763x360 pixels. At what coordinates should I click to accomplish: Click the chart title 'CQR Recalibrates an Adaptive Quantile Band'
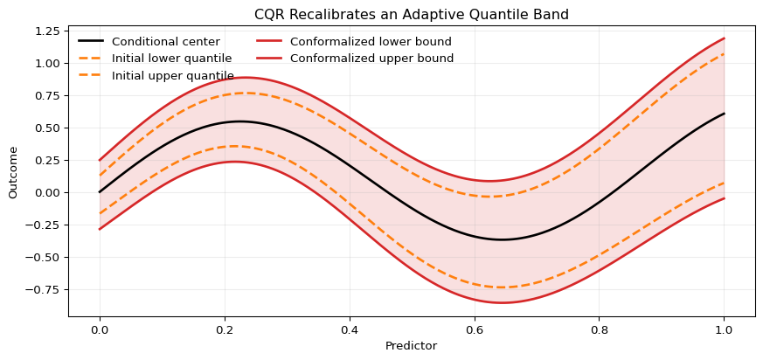pos(411,15)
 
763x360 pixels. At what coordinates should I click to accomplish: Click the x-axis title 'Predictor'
pos(411,346)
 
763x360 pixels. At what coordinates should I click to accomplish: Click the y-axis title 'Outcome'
pos(14,172)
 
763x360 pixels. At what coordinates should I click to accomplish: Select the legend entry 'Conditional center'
pos(165,42)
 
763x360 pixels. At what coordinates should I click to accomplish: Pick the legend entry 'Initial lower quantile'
pos(171,59)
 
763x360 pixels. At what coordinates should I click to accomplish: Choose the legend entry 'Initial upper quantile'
pos(172,76)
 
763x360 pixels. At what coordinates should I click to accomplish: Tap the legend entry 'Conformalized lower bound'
pos(371,42)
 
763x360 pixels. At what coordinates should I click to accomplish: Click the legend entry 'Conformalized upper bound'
pos(371,59)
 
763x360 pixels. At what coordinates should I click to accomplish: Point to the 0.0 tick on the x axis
pos(100,329)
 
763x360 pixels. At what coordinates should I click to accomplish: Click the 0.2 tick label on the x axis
pos(225,329)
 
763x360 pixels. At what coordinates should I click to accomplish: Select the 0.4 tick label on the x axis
pos(350,329)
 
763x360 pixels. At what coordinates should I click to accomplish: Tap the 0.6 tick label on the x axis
pos(475,329)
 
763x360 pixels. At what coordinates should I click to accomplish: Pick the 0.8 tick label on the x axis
pos(600,329)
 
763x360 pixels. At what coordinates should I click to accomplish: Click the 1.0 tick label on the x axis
pos(725,329)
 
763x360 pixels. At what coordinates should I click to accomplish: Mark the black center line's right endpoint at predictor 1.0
pos(725,114)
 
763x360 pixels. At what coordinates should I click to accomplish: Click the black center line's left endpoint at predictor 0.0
pos(100,192)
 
